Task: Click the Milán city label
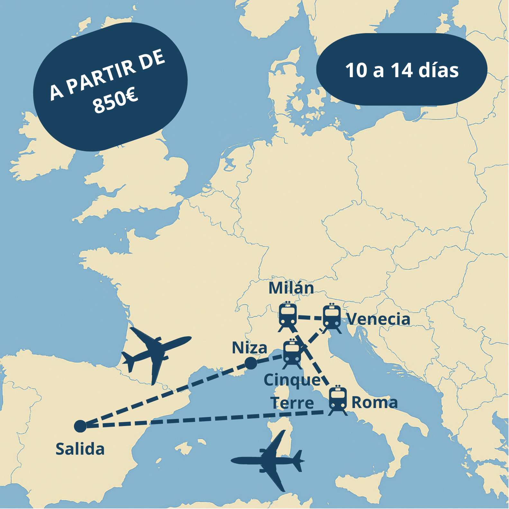click(x=291, y=288)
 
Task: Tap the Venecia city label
click(x=378, y=319)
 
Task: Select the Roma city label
click(x=375, y=402)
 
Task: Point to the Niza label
click(x=250, y=348)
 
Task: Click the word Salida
click(x=80, y=449)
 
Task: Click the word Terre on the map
click(x=292, y=403)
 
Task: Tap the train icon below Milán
click(x=288, y=316)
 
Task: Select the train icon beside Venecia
click(x=332, y=318)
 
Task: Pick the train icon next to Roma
click(x=338, y=400)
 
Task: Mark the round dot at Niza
click(x=251, y=363)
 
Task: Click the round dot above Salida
click(x=80, y=426)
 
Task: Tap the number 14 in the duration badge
click(x=402, y=70)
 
